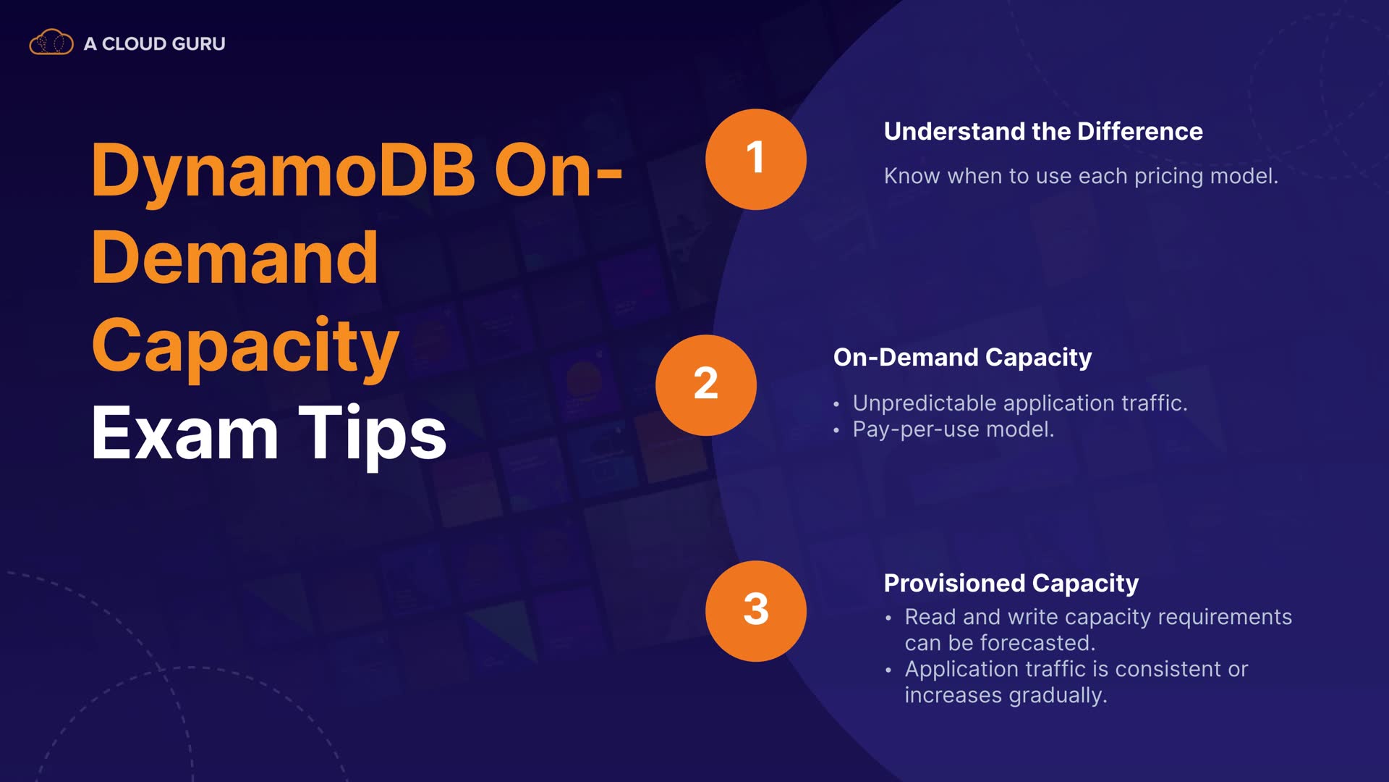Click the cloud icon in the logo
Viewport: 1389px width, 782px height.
[51, 43]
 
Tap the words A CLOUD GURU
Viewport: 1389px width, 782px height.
[155, 43]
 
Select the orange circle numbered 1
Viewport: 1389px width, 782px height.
[756, 159]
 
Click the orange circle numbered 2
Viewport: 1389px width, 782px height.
[706, 385]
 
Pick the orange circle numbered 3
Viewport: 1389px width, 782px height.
[756, 611]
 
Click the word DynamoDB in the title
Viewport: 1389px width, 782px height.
[283, 171]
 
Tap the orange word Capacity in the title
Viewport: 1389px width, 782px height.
[245, 348]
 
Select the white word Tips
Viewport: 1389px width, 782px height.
[373, 435]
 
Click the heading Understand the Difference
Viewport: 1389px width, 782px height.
[1043, 132]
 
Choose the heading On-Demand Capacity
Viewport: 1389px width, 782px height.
[962, 358]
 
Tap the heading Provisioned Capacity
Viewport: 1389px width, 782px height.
[1011, 584]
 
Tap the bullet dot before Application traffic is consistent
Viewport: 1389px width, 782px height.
[888, 670]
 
